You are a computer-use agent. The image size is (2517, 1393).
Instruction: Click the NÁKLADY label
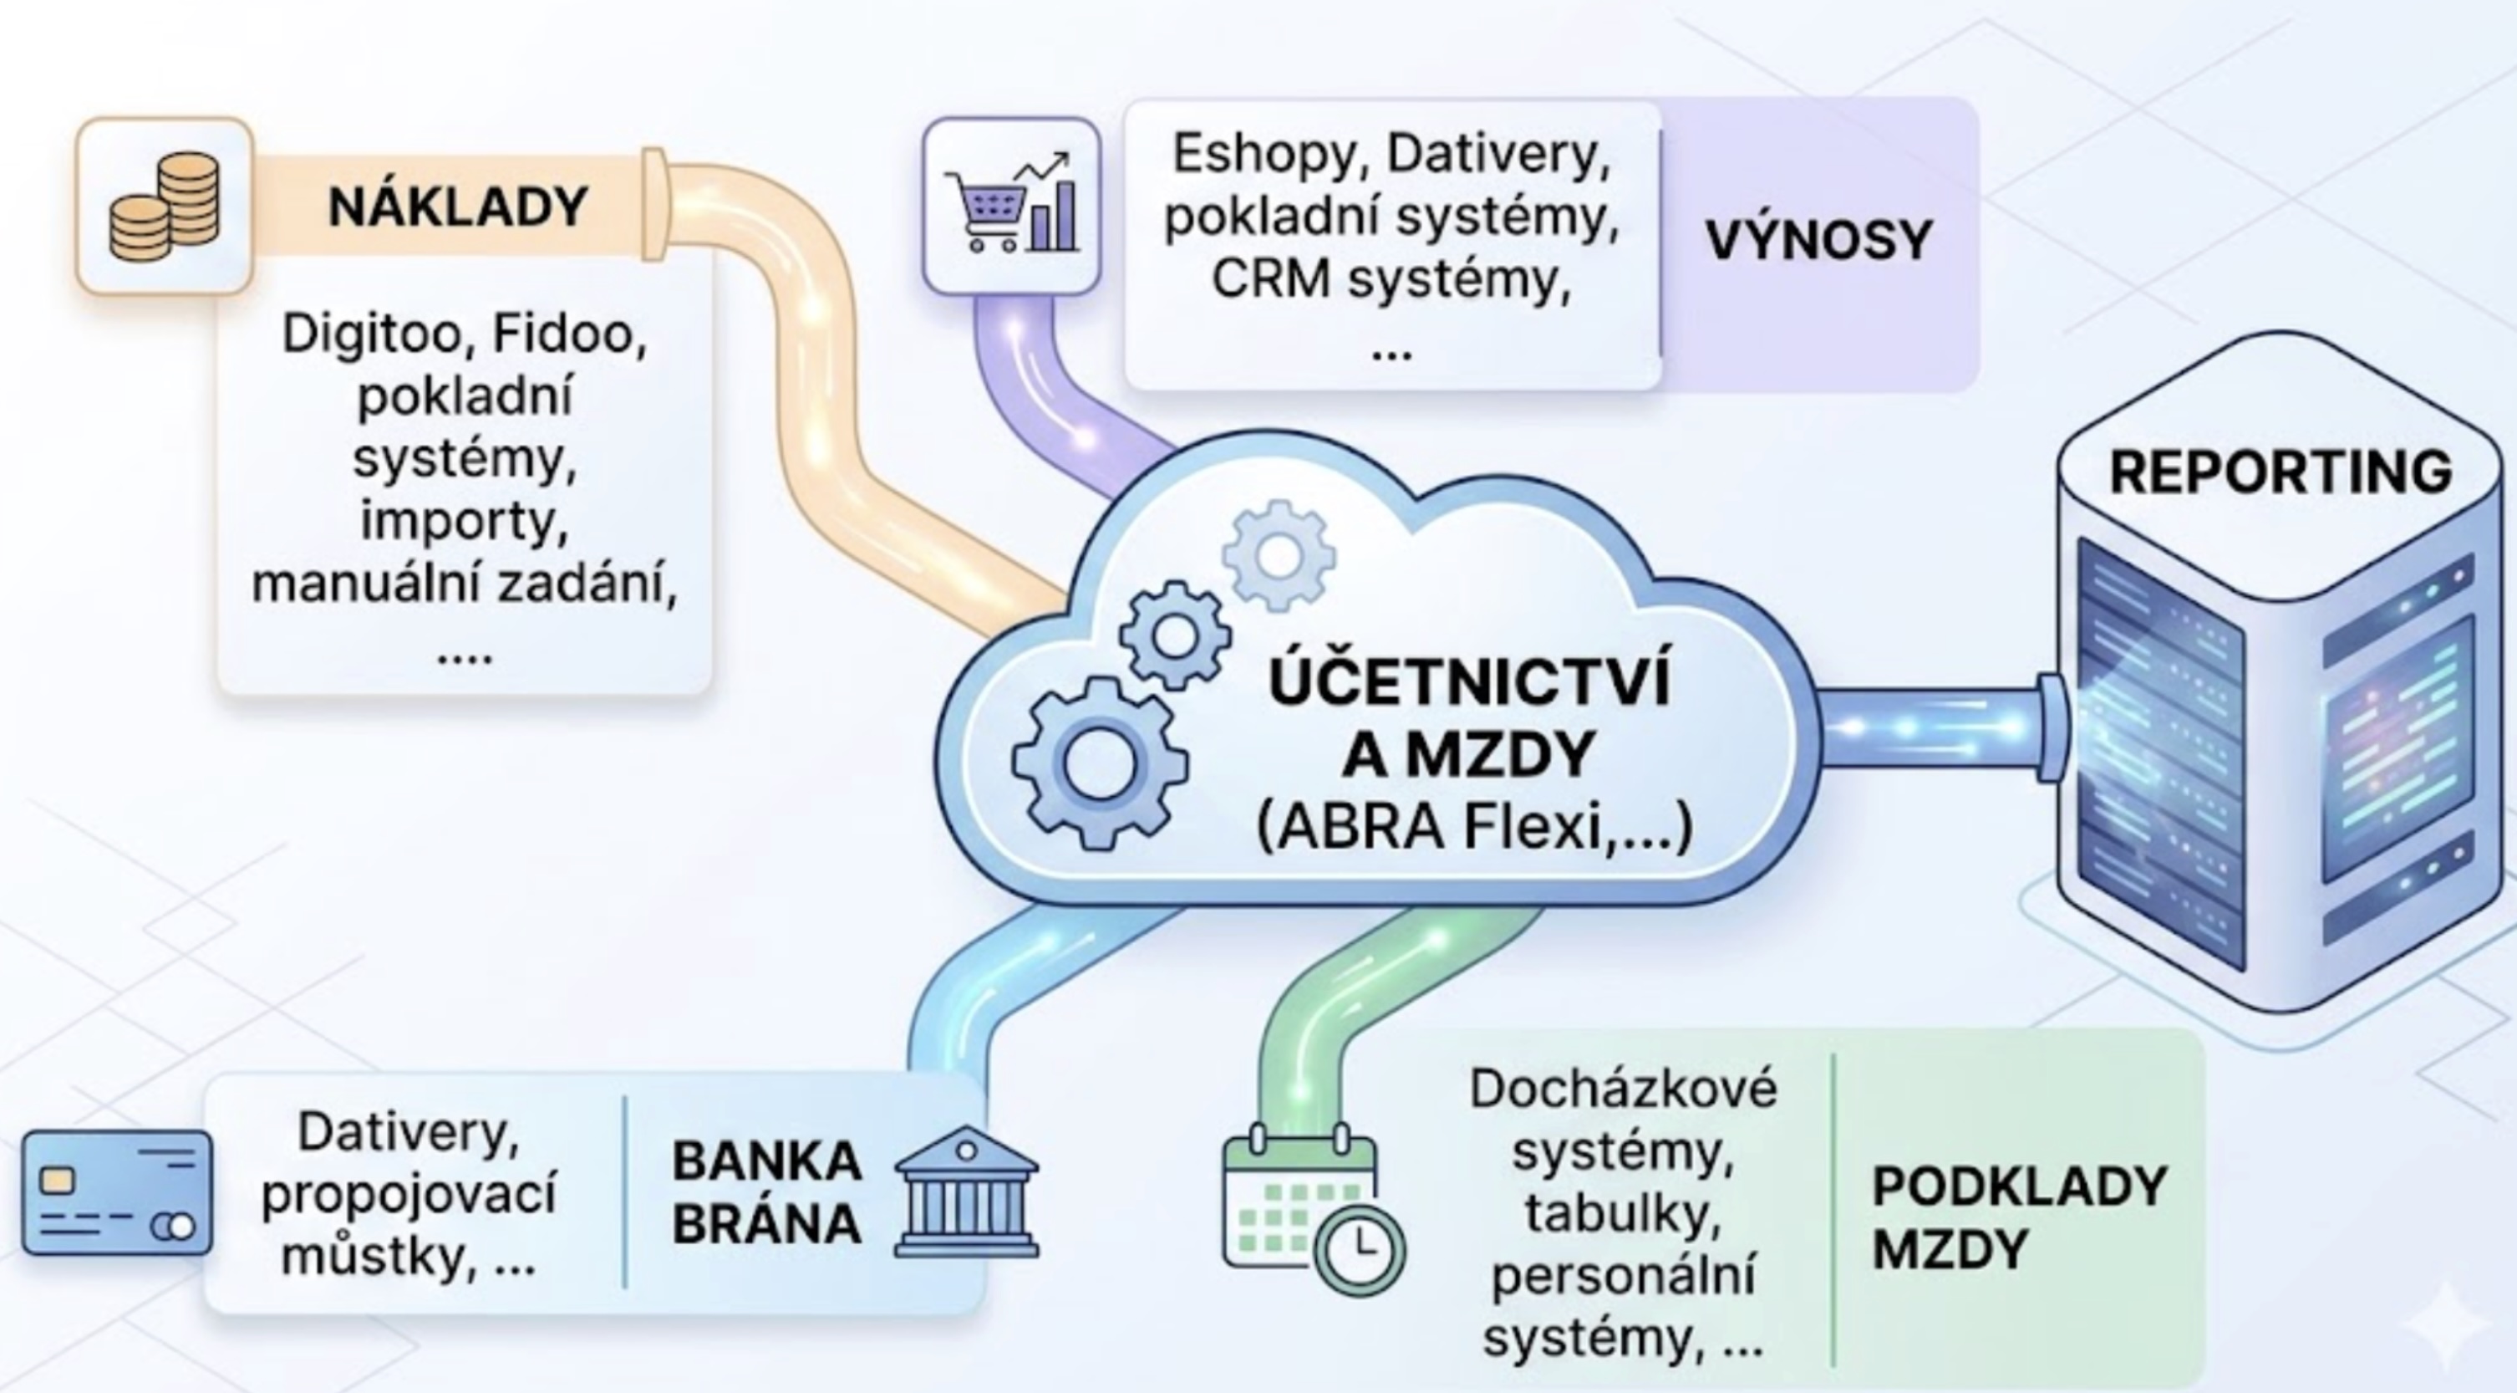pos(457,207)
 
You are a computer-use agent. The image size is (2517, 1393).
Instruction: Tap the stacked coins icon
pos(164,207)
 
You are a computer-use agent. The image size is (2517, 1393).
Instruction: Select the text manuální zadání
pos(464,584)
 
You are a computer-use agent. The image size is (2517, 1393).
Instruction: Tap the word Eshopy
pos(1266,154)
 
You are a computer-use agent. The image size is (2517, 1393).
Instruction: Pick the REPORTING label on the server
pos(2281,472)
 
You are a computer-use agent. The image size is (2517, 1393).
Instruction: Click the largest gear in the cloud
pos(1098,763)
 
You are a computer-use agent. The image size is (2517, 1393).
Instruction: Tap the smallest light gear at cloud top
pos(1278,555)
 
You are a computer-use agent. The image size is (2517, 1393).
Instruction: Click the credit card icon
pos(117,1192)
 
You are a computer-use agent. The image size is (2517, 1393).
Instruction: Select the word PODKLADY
pos(2019,1186)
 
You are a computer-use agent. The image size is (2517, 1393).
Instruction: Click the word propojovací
pos(409,1195)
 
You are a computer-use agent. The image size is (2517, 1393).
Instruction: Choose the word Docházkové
pos(1622,1089)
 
